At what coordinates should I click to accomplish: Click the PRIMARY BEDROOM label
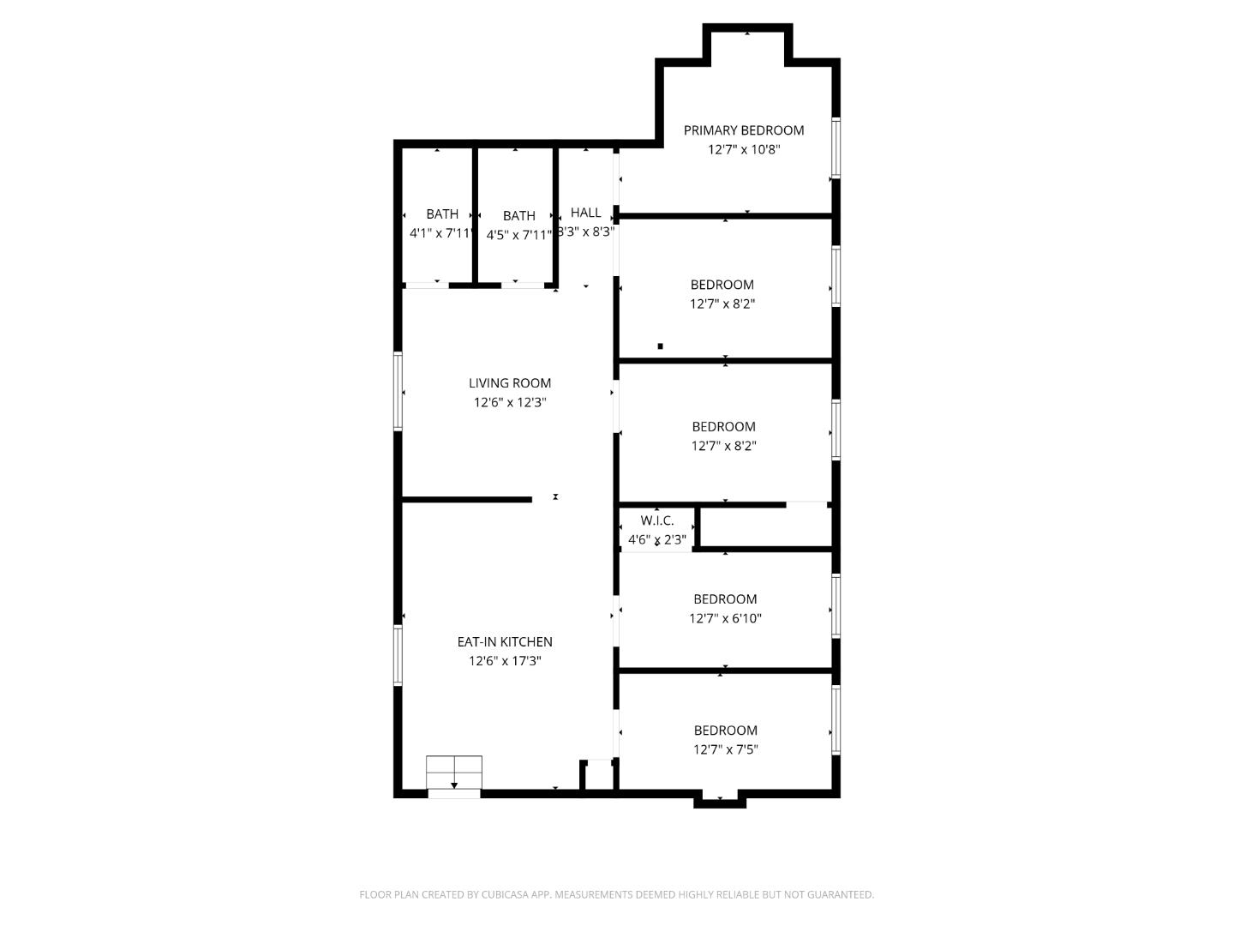click(x=743, y=130)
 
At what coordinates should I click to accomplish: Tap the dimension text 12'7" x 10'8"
click(x=743, y=149)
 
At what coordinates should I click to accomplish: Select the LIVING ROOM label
click(x=510, y=383)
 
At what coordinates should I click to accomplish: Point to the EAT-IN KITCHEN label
click(x=505, y=641)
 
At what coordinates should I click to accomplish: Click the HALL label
click(x=586, y=213)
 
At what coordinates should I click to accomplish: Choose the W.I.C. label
click(x=657, y=520)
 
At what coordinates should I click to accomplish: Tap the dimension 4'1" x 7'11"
click(x=441, y=233)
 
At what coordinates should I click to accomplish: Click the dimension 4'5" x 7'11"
click(x=519, y=235)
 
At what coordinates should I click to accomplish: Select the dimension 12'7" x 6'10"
click(x=725, y=618)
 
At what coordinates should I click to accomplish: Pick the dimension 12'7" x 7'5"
click(x=725, y=749)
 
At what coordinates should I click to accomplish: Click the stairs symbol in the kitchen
click(x=454, y=773)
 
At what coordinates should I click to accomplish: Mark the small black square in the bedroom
click(x=660, y=346)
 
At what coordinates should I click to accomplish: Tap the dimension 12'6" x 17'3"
click(x=505, y=661)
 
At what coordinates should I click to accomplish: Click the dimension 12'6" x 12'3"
click(x=510, y=402)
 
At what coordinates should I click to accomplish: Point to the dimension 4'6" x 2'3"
click(x=657, y=539)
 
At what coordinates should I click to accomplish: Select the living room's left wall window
click(x=398, y=390)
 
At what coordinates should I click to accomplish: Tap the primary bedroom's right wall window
click(x=836, y=147)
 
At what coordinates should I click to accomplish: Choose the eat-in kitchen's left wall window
click(x=398, y=655)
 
